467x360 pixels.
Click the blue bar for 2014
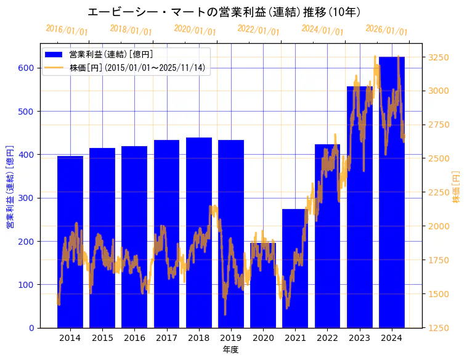pyautogui.click(x=70, y=247)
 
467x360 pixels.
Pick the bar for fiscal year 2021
pyautogui.click(x=295, y=271)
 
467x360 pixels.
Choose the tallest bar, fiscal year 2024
pyautogui.click(x=392, y=197)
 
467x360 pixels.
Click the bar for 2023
pyautogui.click(x=360, y=210)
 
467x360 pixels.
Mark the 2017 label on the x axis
pyautogui.click(x=166, y=338)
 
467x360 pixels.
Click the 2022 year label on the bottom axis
pyautogui.click(x=327, y=338)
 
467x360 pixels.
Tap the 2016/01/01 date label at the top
pyautogui.click(x=67, y=30)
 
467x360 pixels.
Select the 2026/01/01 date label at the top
pyautogui.click(x=386, y=30)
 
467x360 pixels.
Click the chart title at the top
pyautogui.click(x=224, y=12)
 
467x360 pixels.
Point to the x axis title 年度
pyautogui.click(x=230, y=350)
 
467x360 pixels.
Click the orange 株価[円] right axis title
pyautogui.click(x=456, y=187)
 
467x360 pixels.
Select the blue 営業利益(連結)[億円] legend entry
pyautogui.click(x=111, y=54)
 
